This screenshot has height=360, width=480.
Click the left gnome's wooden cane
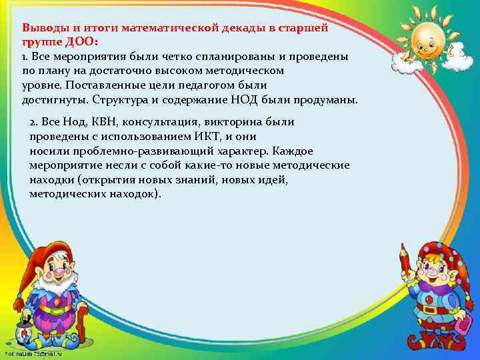(x=83, y=330)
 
